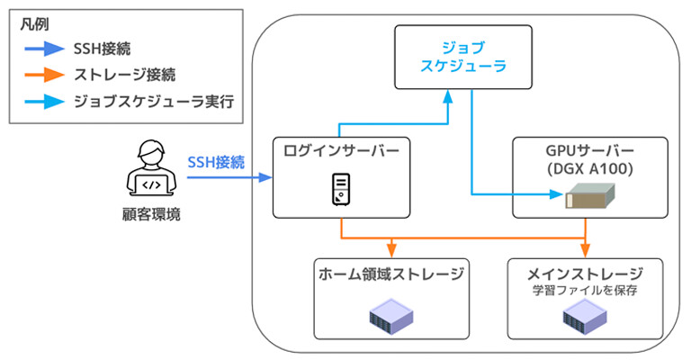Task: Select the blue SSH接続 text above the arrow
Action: tap(216, 162)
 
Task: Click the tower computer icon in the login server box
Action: tap(341, 189)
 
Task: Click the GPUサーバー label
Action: tap(590, 148)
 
